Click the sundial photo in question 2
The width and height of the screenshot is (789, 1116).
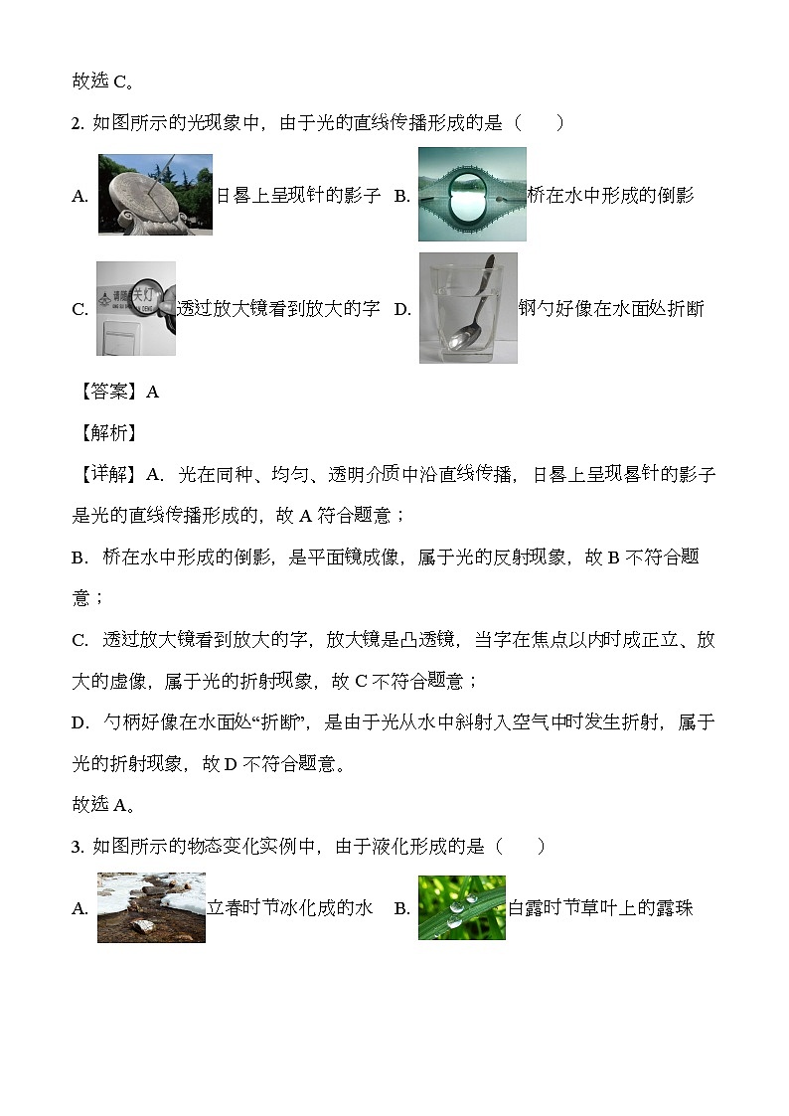pos(155,195)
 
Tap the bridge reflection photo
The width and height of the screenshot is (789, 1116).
pos(472,194)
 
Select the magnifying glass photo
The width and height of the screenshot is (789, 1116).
pos(136,308)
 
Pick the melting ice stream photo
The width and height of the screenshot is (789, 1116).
pos(151,907)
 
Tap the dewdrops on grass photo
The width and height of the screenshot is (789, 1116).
pos(462,907)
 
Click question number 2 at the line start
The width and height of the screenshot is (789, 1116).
pos(78,124)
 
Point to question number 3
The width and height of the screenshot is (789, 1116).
pos(78,847)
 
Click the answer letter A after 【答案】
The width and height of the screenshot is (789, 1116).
pos(152,392)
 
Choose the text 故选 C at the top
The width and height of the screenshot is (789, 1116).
pos(103,81)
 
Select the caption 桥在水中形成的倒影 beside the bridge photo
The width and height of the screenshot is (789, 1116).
pos(610,195)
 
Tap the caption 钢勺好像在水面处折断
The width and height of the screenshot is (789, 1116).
pos(611,308)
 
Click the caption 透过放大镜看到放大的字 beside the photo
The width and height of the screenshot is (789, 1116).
pos(278,308)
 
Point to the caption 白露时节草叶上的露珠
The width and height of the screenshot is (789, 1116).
pos(600,907)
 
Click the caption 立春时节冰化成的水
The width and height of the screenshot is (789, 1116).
pos(289,907)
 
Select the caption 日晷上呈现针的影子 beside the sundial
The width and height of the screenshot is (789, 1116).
pos(298,195)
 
